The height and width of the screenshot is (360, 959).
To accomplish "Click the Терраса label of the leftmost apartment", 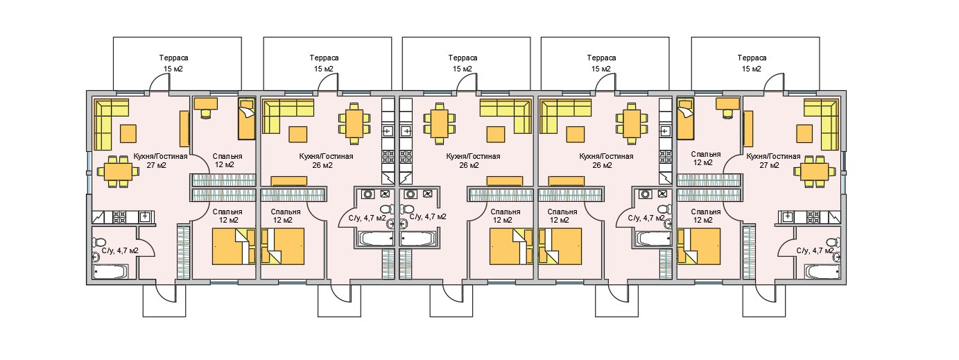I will [173, 63].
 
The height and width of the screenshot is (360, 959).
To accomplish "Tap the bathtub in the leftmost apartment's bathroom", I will [111, 271].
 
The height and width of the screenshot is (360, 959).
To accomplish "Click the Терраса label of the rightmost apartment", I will [752, 63].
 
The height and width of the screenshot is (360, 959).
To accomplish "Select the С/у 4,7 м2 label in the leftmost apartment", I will [119, 251].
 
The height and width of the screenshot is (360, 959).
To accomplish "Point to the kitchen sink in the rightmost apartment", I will [788, 216].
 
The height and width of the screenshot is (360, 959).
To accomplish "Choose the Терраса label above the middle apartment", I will [462, 63].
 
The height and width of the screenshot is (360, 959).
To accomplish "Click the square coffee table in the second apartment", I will [299, 133].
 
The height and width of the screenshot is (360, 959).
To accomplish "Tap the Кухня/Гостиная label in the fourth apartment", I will [606, 161].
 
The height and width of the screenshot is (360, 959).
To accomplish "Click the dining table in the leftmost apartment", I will [116, 171].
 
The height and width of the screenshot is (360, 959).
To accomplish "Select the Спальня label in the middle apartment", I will [505, 216].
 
